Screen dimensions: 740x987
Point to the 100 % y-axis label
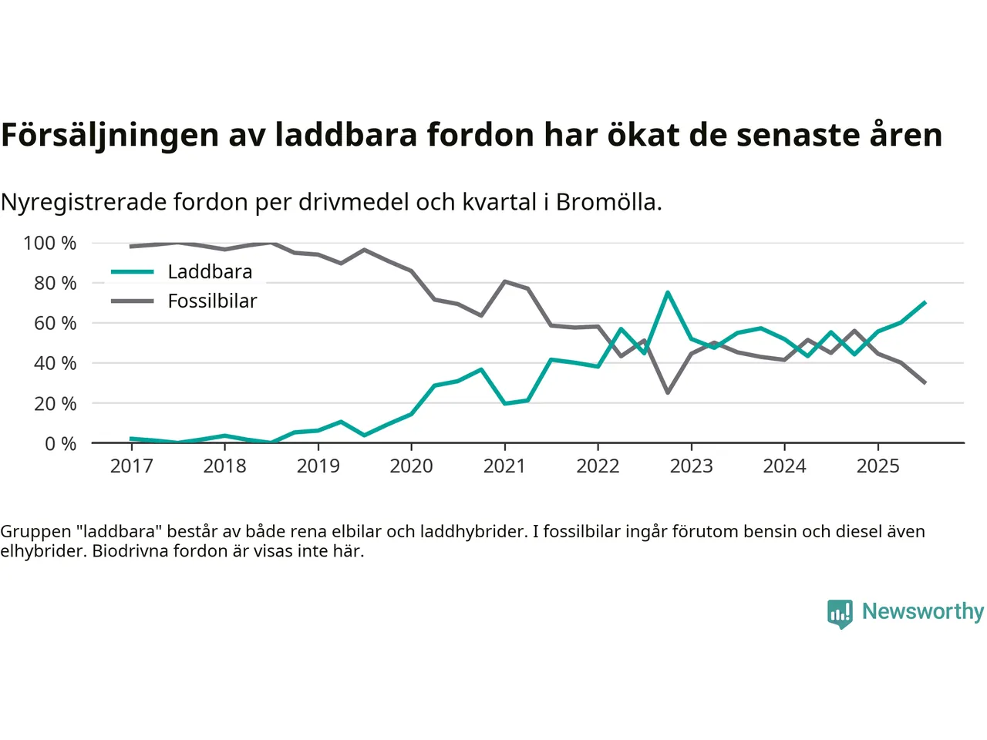click(50, 244)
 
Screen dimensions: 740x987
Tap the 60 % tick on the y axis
click(55, 324)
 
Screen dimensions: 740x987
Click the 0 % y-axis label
click(59, 444)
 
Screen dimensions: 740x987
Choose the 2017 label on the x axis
click(131, 466)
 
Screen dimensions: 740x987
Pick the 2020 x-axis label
click(411, 466)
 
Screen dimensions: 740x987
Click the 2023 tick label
click(691, 466)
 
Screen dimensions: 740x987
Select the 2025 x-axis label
click(878, 466)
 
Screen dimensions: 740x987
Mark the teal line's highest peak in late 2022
click(668, 293)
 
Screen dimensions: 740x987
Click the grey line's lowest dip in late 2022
click(668, 392)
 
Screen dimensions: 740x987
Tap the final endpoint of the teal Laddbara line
click(925, 303)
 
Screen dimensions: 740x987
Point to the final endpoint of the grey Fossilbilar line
click(925, 382)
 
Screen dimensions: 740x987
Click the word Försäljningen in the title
click(109, 135)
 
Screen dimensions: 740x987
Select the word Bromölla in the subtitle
click(608, 202)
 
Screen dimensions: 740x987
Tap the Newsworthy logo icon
click(840, 614)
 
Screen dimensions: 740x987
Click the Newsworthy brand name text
click(922, 611)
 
